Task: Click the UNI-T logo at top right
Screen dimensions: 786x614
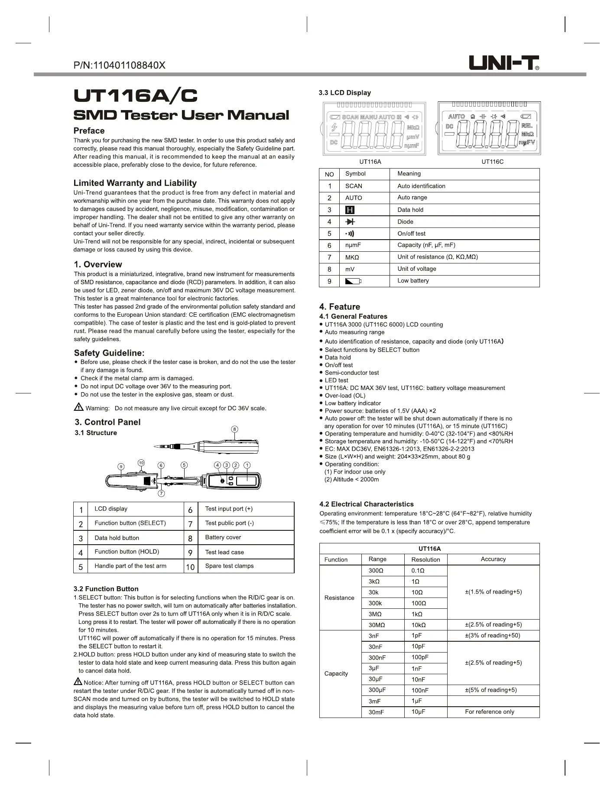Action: (x=504, y=63)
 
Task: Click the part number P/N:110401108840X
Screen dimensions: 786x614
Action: (x=120, y=65)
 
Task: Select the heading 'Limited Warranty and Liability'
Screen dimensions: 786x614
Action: (x=135, y=183)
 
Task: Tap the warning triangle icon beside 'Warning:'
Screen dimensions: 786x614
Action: (x=78, y=407)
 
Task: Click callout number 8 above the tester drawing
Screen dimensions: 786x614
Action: (x=234, y=429)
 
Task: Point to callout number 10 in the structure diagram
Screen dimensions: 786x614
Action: (x=141, y=463)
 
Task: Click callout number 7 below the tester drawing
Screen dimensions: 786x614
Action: (x=161, y=494)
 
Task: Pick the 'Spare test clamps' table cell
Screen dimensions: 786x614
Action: (x=229, y=566)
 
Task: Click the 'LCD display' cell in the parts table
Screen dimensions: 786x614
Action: (x=111, y=509)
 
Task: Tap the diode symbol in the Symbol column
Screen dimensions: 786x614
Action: (x=350, y=222)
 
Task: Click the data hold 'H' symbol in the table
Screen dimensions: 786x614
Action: (x=350, y=210)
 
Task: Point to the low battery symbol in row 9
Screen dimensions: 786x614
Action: (x=353, y=281)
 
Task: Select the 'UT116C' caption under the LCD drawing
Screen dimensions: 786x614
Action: (x=492, y=162)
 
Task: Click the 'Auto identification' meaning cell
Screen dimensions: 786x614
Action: (x=421, y=186)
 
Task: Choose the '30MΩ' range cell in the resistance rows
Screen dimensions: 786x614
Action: (x=377, y=625)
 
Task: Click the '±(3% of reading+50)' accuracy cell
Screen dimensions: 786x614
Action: (x=493, y=635)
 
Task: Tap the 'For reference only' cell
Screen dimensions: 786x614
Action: (x=489, y=711)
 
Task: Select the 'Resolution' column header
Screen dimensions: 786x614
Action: (x=426, y=559)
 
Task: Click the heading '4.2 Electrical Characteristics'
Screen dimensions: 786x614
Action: (x=366, y=504)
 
